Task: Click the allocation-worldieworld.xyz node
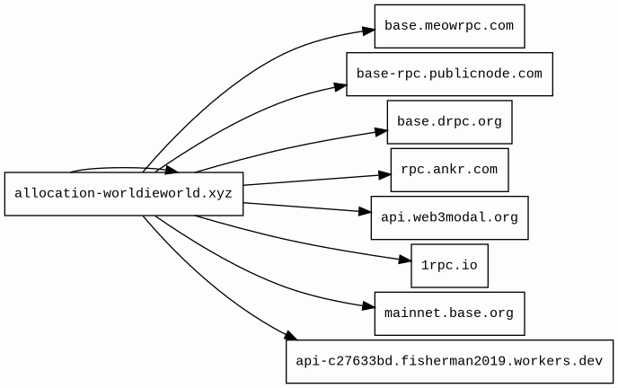coord(124,194)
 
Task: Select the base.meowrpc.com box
coord(449,26)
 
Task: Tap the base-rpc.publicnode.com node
coord(449,74)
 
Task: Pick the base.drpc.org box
coord(449,122)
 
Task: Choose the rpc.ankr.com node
coord(449,170)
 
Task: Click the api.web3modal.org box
coord(449,218)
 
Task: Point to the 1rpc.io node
coord(449,266)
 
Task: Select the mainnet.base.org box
coord(449,313)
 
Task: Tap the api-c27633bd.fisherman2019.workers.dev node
coord(449,361)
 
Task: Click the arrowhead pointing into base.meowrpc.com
coord(368,31)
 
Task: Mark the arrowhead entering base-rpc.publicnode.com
coord(341,86)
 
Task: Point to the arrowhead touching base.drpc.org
coord(381,131)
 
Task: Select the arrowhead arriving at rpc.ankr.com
coord(384,175)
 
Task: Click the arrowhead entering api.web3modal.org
coord(365,212)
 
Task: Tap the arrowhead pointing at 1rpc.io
coord(405,260)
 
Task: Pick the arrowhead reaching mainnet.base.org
coord(368,306)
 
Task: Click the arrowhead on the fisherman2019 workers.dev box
coord(290,336)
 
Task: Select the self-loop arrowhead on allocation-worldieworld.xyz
coord(172,170)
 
